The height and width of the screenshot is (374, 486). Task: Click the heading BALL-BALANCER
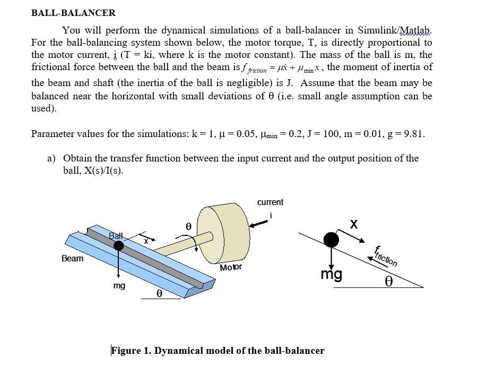tap(73, 13)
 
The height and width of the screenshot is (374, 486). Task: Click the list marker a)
tap(52, 158)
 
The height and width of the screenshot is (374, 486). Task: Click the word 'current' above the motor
tap(270, 202)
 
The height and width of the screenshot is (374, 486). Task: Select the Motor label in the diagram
tap(231, 267)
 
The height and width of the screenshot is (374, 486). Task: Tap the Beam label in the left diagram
tap(73, 259)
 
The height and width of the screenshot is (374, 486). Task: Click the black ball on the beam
tap(118, 245)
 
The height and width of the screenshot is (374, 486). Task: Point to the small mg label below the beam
tap(119, 286)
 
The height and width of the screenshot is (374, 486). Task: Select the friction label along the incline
tap(385, 256)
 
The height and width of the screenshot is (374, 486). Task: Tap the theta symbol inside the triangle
tap(389, 279)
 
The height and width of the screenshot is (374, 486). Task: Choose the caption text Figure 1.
tap(218, 350)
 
